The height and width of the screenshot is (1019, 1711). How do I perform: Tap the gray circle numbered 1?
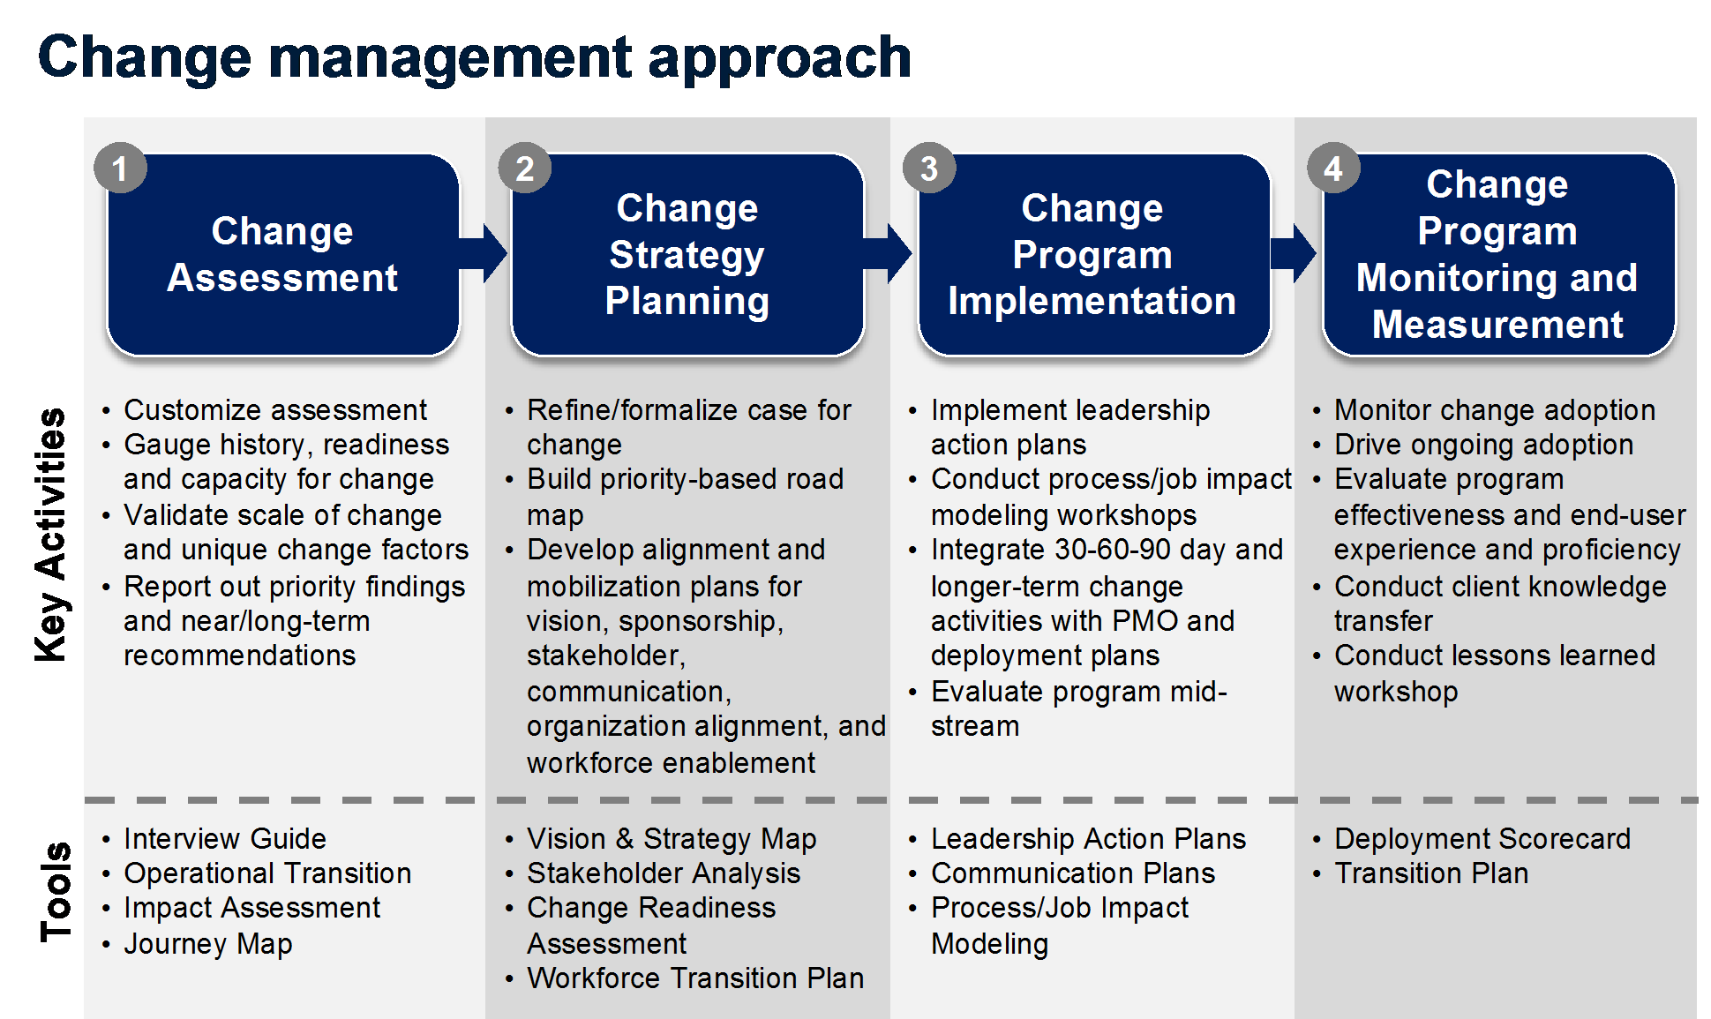(120, 169)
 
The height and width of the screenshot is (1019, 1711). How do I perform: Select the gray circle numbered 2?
(524, 169)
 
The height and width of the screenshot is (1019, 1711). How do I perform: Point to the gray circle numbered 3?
(929, 169)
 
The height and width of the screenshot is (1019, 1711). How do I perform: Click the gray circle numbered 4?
(1333, 169)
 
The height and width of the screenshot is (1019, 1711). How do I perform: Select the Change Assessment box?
(283, 255)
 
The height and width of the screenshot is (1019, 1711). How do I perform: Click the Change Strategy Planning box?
(687, 255)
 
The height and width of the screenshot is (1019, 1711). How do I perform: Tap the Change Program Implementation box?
(1093, 255)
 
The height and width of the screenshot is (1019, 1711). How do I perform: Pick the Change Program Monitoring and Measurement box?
(1498, 255)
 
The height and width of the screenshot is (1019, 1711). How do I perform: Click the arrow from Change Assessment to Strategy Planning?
(484, 253)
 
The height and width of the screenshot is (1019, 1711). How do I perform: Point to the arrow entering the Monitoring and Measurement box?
(1294, 253)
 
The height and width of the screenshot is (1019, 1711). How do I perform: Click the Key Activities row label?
(50, 535)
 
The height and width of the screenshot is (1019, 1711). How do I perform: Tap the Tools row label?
(55, 891)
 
